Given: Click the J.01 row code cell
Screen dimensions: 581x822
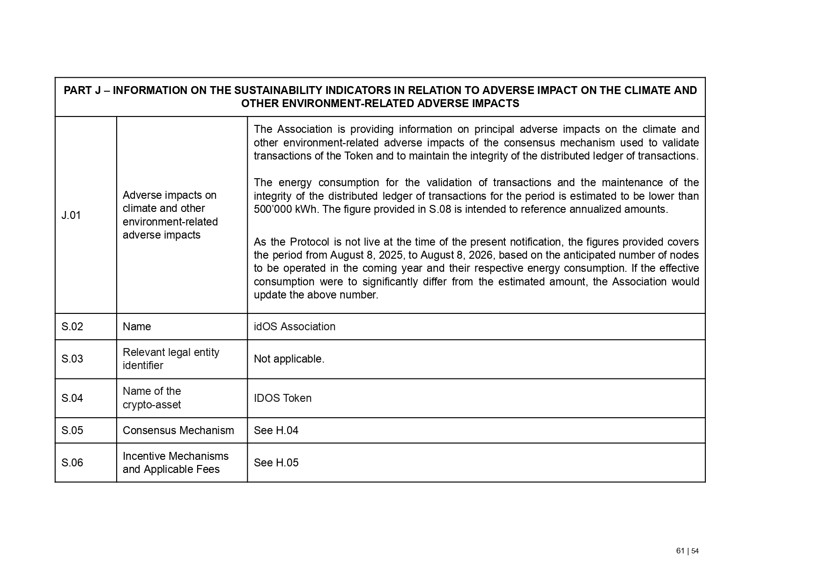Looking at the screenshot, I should (71, 215).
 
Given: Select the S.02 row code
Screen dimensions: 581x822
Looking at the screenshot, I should (72, 327).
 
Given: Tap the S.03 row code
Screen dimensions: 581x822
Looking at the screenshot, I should (72, 359).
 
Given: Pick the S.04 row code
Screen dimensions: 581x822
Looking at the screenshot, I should (72, 398).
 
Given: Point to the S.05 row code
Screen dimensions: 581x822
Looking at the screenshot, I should (72, 430).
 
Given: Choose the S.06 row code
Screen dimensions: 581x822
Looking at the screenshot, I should (72, 463).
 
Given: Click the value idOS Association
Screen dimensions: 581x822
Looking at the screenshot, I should (294, 327).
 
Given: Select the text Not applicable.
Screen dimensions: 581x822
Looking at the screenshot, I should (289, 359).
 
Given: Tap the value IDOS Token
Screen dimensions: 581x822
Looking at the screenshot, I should (282, 398).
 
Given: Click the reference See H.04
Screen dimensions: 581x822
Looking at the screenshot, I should (276, 430).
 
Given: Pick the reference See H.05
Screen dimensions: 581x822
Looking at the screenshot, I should (276, 463).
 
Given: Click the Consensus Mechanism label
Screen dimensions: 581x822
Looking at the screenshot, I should (178, 430).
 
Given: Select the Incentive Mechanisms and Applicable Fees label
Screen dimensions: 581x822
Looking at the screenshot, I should (175, 463).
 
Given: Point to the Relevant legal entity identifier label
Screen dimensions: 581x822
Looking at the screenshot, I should (170, 359).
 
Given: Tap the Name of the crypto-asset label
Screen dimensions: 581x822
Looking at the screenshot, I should (152, 398).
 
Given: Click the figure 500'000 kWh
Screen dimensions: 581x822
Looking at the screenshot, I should (285, 209).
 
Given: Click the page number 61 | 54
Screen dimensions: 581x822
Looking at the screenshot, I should (687, 551).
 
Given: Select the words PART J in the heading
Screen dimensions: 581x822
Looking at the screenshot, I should (82, 90).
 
